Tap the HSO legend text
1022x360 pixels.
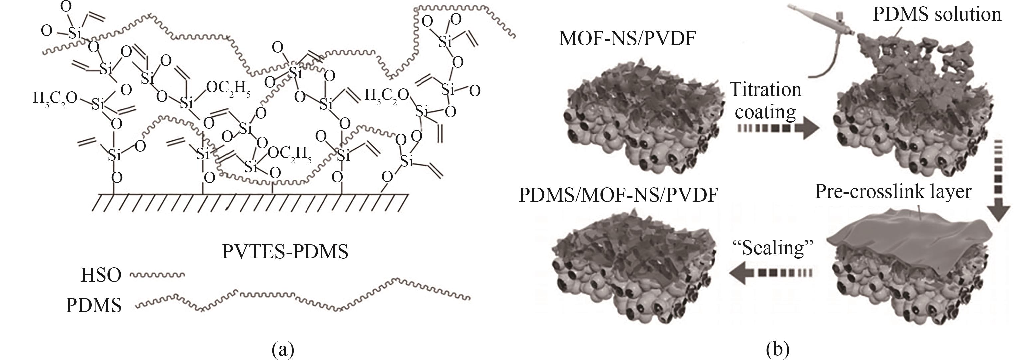[x=101, y=275]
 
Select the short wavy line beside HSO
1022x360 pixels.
[x=157, y=275]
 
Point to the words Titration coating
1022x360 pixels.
[x=765, y=101]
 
